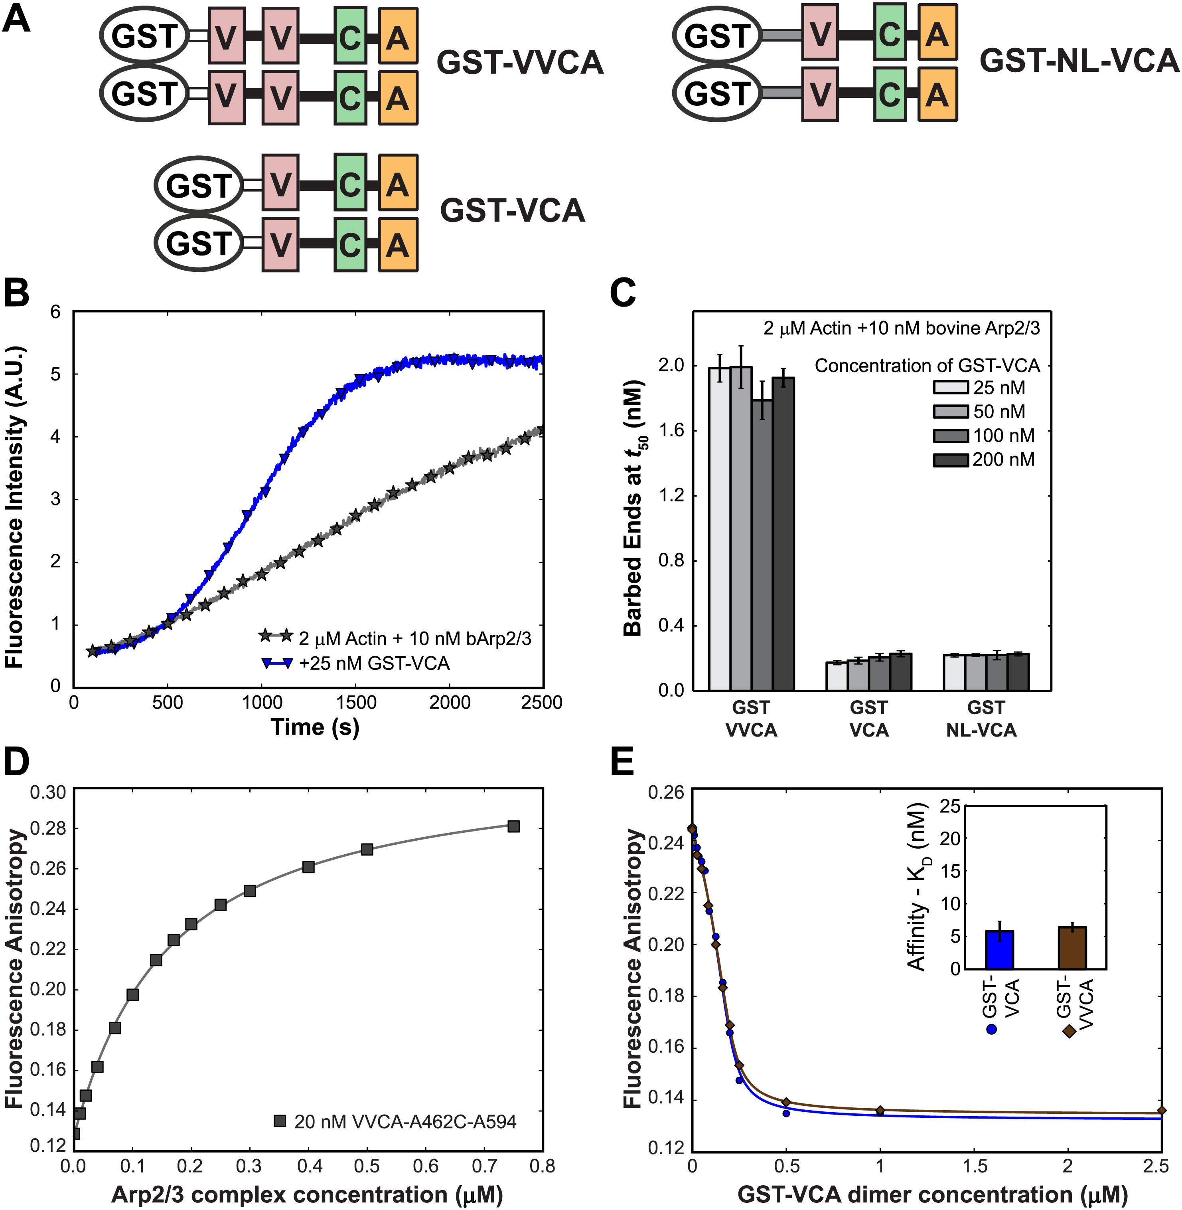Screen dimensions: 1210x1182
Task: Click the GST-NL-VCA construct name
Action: [x=1079, y=61]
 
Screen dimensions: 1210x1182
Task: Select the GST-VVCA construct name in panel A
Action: [x=520, y=63]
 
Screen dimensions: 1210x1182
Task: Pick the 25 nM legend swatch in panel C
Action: [x=951, y=388]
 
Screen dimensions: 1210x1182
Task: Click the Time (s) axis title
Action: [x=316, y=727]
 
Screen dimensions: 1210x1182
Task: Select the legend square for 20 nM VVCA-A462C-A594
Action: [x=280, y=1121]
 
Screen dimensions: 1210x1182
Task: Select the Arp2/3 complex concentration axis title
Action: [x=307, y=1194]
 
